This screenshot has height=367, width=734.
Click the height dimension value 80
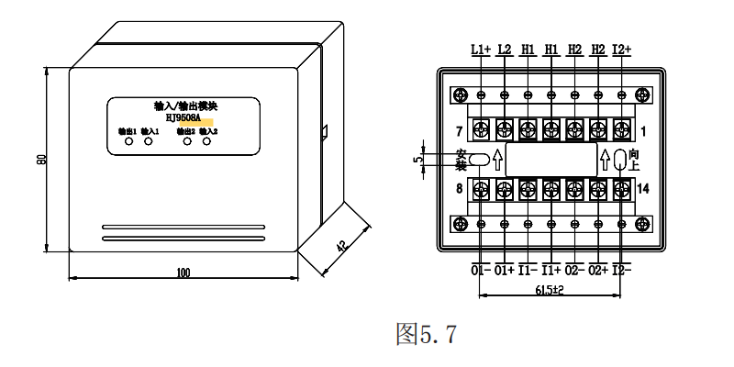(x=41, y=160)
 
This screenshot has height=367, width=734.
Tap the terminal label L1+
(x=481, y=50)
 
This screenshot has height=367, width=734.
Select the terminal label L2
(x=505, y=50)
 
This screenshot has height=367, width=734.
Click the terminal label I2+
(x=622, y=50)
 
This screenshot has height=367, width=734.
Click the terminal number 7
(x=459, y=128)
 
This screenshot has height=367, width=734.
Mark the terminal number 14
(x=643, y=189)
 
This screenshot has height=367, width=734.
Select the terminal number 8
(x=459, y=189)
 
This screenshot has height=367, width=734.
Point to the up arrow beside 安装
(x=498, y=160)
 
